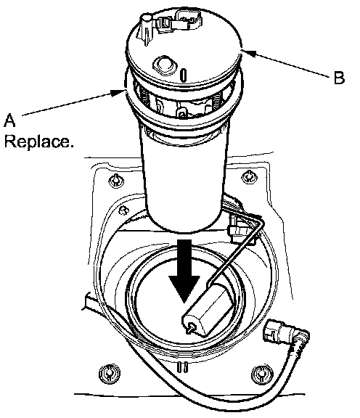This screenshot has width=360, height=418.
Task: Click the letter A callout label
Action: click(x=9, y=120)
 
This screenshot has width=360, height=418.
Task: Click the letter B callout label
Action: click(x=339, y=78)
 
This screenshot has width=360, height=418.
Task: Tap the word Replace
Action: click(x=38, y=142)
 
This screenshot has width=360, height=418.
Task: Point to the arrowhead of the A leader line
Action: click(x=118, y=92)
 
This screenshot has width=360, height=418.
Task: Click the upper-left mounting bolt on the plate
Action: click(x=116, y=181)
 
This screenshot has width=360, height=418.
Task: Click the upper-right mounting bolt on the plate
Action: click(x=249, y=176)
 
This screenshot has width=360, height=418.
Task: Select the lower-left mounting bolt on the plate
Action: click(x=110, y=374)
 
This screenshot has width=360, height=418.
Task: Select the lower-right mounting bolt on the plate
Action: click(x=262, y=374)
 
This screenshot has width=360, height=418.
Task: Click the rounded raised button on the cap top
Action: click(x=165, y=65)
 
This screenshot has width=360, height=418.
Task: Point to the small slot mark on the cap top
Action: click(x=183, y=75)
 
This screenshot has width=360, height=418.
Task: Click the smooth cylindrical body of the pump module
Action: click(x=184, y=179)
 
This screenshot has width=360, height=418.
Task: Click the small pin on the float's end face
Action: click(x=191, y=327)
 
